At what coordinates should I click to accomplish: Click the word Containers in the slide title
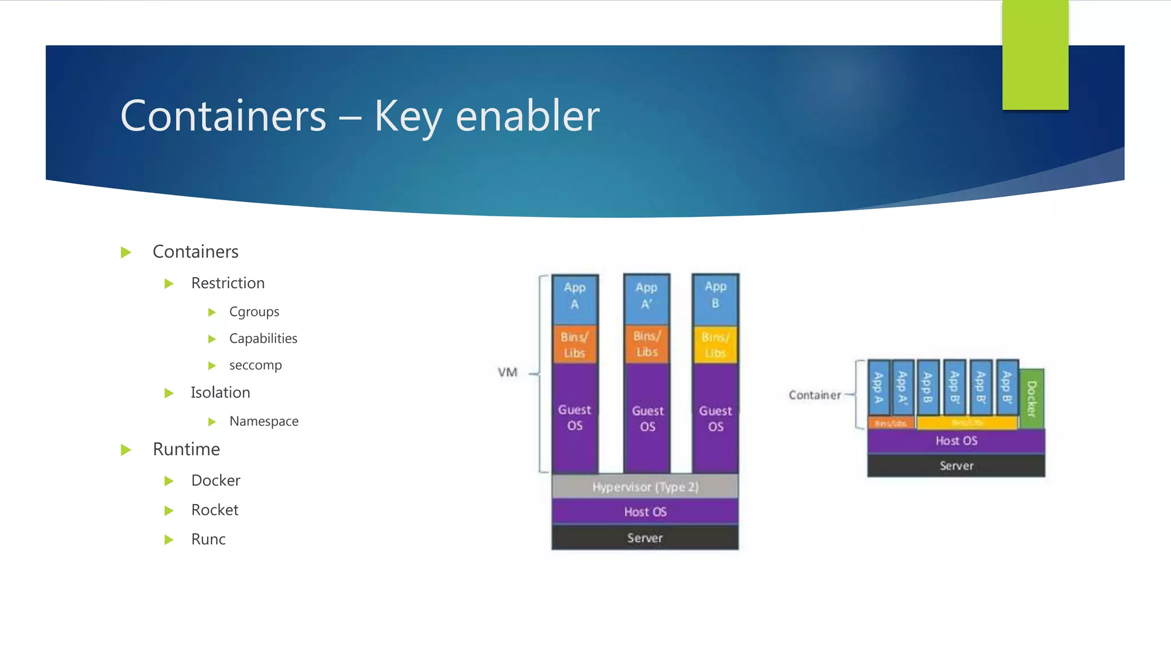(223, 116)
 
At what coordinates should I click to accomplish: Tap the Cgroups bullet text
(254, 312)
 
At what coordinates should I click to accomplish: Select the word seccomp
(255, 365)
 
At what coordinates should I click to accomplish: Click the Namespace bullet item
(264, 421)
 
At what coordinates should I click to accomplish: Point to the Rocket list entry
(214, 510)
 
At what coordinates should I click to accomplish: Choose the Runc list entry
(208, 539)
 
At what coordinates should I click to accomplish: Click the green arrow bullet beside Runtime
(126, 450)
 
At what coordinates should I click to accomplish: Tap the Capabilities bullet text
(263, 339)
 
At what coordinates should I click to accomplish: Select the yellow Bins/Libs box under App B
(715, 345)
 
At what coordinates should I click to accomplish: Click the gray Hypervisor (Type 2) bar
(645, 487)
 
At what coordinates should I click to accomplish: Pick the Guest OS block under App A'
(647, 419)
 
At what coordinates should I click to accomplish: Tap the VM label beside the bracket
(507, 372)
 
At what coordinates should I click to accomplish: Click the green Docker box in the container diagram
(1031, 399)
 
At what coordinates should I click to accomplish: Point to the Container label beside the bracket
(815, 395)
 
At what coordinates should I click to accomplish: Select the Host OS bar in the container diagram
(956, 440)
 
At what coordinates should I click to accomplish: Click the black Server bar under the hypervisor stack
(645, 538)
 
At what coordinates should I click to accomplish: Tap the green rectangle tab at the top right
(1035, 55)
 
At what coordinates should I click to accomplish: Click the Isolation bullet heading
(220, 392)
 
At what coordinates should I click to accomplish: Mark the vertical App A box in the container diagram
(878, 387)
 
